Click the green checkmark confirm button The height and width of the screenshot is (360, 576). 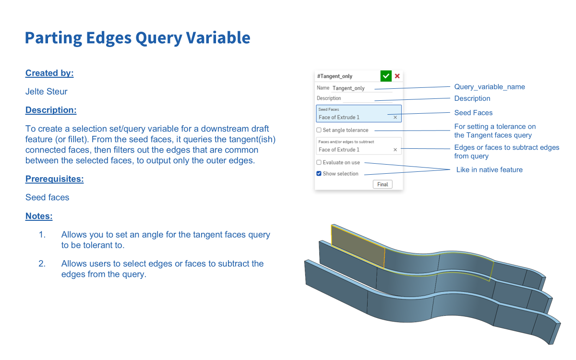click(386, 76)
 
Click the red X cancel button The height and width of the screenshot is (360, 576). click(397, 76)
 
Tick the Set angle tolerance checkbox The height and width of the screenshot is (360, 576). click(319, 130)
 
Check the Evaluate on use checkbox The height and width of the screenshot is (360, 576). click(319, 163)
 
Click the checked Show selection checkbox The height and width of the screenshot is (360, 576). click(319, 174)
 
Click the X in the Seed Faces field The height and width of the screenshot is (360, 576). click(395, 118)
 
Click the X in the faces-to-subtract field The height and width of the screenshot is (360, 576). click(395, 150)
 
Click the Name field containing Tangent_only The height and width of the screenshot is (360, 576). click(362, 88)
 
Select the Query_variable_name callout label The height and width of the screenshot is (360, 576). click(490, 87)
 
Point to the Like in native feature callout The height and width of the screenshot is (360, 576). click(489, 170)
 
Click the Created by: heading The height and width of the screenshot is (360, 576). click(49, 73)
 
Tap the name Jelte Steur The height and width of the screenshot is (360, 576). click(46, 92)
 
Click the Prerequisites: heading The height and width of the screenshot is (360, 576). click(55, 179)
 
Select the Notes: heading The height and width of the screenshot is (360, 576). click(39, 216)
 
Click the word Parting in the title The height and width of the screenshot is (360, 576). click(53, 38)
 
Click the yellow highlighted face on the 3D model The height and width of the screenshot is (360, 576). click(358, 246)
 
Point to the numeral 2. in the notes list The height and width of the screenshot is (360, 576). click(42, 264)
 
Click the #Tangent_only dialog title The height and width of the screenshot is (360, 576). click(335, 76)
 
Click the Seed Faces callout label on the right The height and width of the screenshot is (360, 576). click(473, 113)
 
